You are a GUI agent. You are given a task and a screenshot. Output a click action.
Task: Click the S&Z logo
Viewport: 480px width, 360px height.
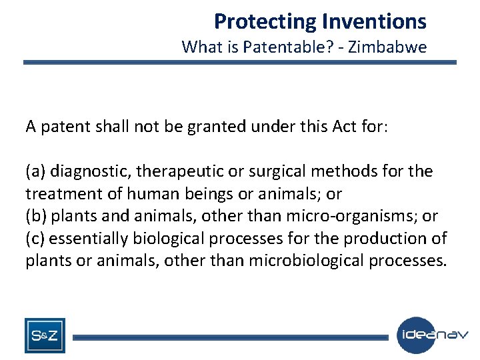[45, 335]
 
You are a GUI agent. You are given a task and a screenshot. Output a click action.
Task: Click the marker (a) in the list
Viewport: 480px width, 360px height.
[36, 171]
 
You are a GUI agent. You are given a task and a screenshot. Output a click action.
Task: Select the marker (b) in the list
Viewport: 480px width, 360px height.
[36, 216]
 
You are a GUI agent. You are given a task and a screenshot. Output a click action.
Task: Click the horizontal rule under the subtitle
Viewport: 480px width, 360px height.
[240, 63]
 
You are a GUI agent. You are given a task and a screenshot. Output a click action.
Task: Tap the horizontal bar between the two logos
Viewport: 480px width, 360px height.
[230, 337]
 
